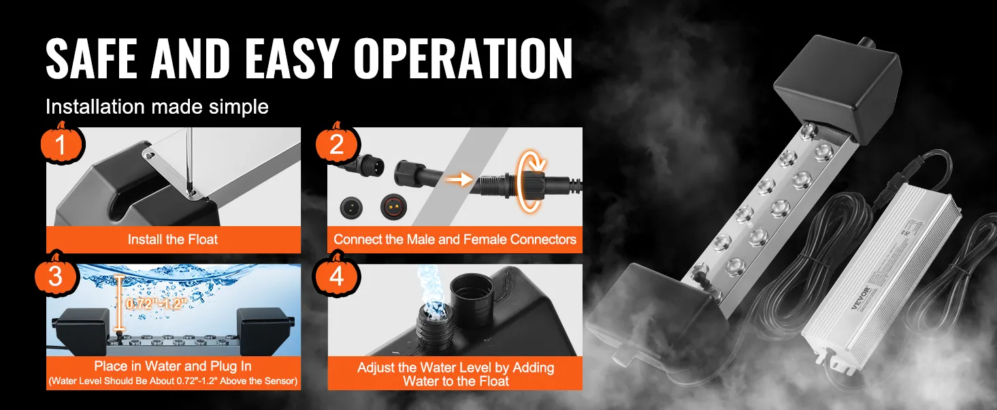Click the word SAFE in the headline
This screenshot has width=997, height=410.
tap(91, 59)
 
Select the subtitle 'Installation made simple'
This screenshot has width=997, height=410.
tap(157, 107)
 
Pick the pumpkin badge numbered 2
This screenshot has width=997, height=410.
tap(336, 144)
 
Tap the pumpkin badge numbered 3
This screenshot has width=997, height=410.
tap(55, 274)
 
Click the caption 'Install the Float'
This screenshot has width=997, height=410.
tap(173, 240)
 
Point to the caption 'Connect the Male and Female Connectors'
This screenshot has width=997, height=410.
tap(455, 240)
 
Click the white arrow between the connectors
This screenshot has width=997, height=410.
tap(459, 180)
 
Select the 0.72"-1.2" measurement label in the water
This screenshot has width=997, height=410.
tap(155, 304)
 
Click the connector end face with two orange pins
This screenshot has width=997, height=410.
tap(393, 206)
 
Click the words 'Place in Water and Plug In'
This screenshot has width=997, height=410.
tap(173, 366)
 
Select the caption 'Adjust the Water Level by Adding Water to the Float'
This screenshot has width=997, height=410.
tap(455, 375)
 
